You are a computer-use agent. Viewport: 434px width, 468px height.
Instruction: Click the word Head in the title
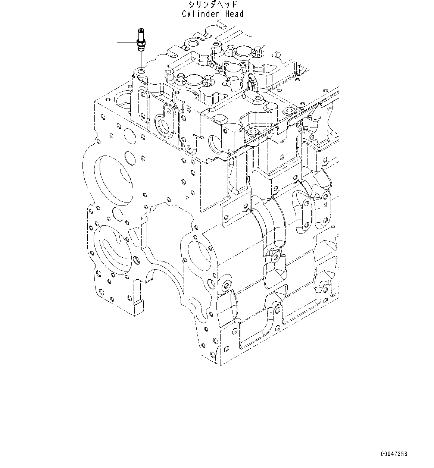point(234,14)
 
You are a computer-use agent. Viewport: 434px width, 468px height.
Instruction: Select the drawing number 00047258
point(394,454)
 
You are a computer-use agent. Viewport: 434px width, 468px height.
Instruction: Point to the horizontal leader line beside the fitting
point(127,43)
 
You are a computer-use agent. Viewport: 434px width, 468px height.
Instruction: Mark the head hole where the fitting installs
point(141,70)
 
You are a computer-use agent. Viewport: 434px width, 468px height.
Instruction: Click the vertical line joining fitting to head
point(141,60)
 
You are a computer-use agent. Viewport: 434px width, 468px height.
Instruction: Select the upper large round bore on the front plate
point(114,180)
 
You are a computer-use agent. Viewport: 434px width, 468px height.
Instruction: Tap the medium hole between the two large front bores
point(117,214)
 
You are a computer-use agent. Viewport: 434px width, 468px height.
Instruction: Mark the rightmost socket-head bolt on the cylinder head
point(288,111)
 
